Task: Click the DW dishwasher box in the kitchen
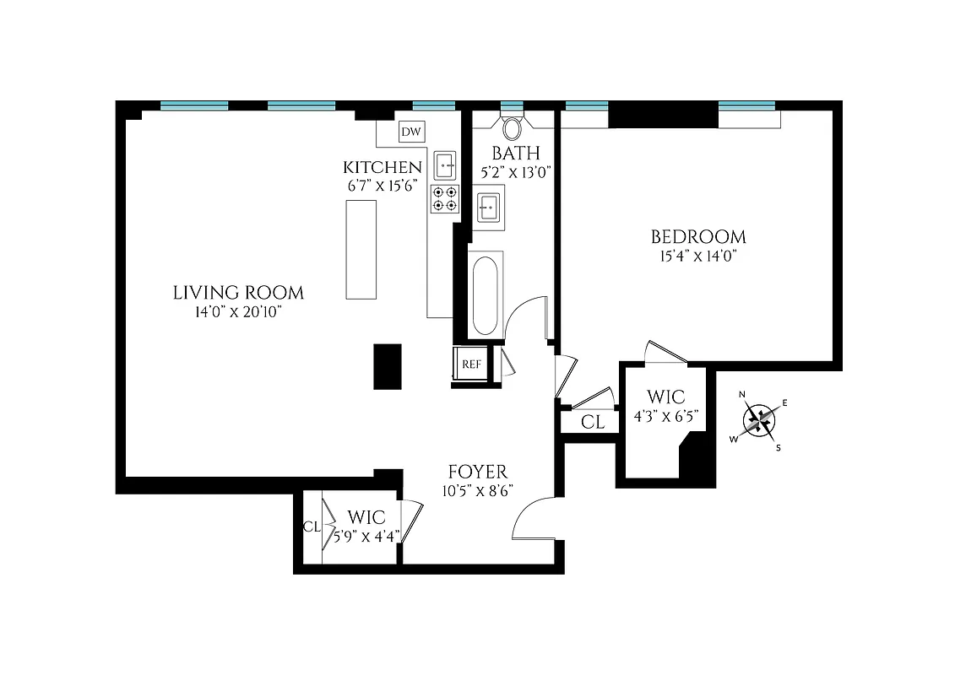pyautogui.click(x=411, y=132)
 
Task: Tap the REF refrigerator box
pyautogui.click(x=470, y=364)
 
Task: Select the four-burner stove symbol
pyautogui.click(x=445, y=198)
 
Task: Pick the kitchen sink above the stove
pyautogui.click(x=445, y=164)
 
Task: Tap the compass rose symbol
pyautogui.click(x=761, y=419)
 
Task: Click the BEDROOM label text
pyautogui.click(x=697, y=237)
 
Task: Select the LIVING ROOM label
pyautogui.click(x=238, y=294)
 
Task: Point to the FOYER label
pyautogui.click(x=477, y=472)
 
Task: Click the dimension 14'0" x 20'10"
pyautogui.click(x=238, y=313)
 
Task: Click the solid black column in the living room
pyautogui.click(x=388, y=366)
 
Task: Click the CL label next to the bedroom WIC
pyautogui.click(x=594, y=422)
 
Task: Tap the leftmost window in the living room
pyautogui.click(x=194, y=105)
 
